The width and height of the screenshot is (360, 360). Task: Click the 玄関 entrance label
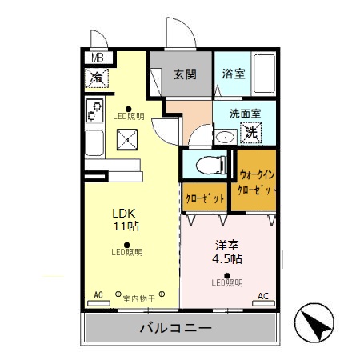pyautogui.click(x=185, y=74)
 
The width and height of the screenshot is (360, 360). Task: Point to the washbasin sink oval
pyautogui.click(x=226, y=138)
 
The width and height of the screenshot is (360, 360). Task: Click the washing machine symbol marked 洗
pyautogui.click(x=250, y=133)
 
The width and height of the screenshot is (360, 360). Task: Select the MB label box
pyautogui.click(x=96, y=58)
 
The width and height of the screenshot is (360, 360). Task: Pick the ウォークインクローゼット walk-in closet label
pyautogui.click(x=258, y=184)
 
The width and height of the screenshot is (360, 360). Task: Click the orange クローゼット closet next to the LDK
pyautogui.click(x=205, y=197)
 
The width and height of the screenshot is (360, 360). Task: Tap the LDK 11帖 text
pyautogui.click(x=126, y=220)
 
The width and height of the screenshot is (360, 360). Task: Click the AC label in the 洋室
pyautogui.click(x=262, y=296)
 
